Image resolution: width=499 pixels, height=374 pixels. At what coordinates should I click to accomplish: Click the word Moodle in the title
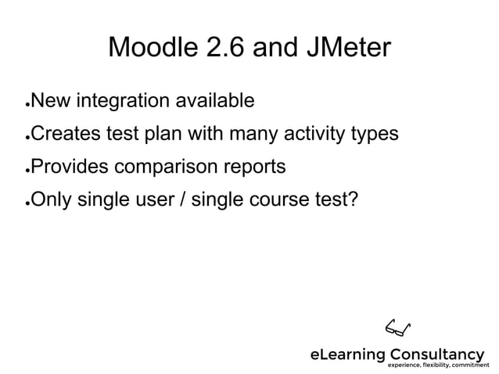(153, 49)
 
